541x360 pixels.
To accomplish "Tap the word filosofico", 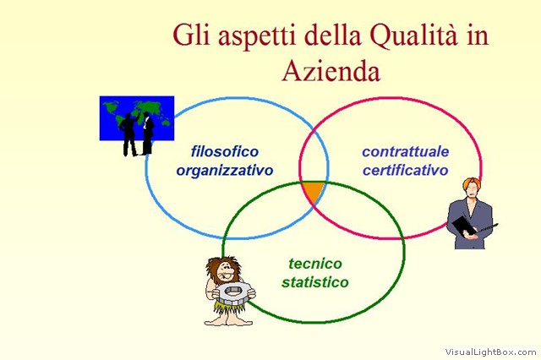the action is pyautogui.click(x=225, y=151).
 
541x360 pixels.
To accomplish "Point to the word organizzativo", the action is pyautogui.click(x=225, y=171).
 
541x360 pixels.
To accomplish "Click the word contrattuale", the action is pyautogui.click(x=406, y=151).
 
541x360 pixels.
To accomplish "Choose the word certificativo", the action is pyautogui.click(x=406, y=170).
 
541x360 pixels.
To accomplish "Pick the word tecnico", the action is pyautogui.click(x=315, y=264).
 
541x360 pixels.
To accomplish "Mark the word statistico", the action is pyautogui.click(x=315, y=282).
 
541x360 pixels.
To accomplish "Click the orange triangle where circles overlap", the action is pyautogui.click(x=314, y=192).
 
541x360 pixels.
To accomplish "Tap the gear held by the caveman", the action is pyautogui.click(x=233, y=293).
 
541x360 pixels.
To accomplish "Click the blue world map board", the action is pyautogui.click(x=137, y=118).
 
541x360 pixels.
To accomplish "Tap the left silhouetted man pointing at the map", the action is pyautogui.click(x=129, y=134).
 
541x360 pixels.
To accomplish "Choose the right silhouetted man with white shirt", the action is pyautogui.click(x=147, y=134).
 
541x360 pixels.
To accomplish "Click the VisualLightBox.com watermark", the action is pyautogui.click(x=490, y=352).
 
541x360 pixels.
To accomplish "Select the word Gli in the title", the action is pyautogui.click(x=191, y=35).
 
